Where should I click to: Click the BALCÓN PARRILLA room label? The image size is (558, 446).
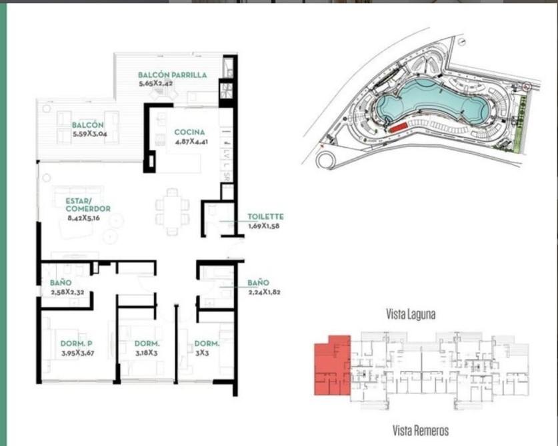[172, 75]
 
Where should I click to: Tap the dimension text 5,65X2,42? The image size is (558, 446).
[156, 84]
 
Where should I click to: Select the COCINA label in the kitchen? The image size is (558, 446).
[190, 132]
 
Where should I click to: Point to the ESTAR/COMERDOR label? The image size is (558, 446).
[88, 205]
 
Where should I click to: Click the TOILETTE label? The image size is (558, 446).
[265, 216]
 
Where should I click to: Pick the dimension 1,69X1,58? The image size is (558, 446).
[264, 226]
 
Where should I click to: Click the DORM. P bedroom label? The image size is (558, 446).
[77, 343]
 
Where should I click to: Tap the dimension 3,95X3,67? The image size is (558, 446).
[77, 353]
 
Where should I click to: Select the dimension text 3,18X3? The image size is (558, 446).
[146, 353]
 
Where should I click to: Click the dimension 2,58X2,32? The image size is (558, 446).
[67, 292]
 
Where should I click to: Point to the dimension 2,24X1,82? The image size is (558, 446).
[264, 292]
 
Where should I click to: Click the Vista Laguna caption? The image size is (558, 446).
[411, 314]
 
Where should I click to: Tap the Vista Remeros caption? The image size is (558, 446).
[421, 431]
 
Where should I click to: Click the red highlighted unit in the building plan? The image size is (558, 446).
[332, 366]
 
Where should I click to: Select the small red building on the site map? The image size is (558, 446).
[399, 127]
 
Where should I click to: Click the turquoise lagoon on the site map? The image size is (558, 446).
[431, 101]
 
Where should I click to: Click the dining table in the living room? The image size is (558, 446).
[172, 212]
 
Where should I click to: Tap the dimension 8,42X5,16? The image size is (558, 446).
[83, 218]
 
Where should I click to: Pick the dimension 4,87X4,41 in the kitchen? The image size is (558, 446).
[191, 142]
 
